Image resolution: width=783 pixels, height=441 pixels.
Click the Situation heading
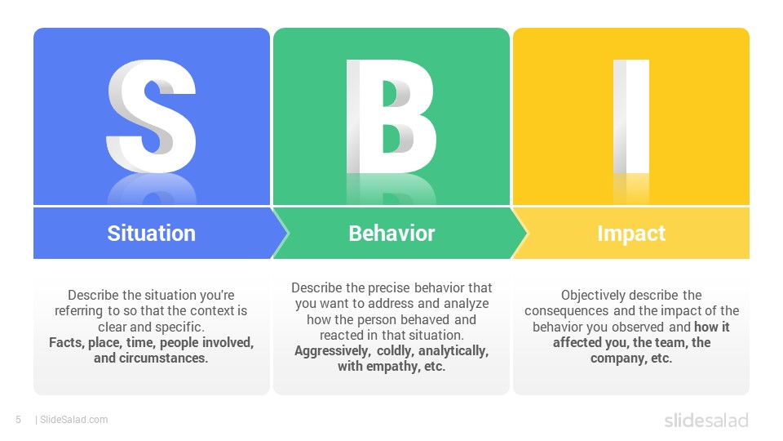pos(152,234)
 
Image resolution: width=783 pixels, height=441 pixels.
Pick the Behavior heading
pos(391,234)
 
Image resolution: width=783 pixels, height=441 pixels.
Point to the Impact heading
pos(631,234)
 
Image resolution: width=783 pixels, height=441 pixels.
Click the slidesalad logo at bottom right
pos(706,421)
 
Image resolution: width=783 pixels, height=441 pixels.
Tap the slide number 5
pos(18,420)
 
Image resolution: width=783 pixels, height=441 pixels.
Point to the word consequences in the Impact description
pos(566,311)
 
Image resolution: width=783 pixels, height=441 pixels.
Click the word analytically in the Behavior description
pos(453,351)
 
